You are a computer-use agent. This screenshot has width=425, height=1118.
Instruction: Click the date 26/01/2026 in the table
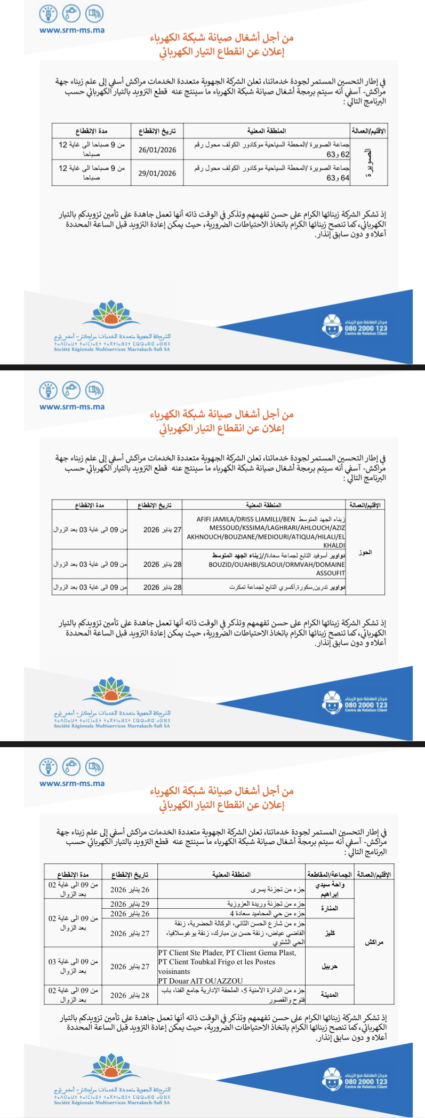[157, 150]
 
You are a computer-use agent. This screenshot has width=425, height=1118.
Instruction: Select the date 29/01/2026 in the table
[157, 173]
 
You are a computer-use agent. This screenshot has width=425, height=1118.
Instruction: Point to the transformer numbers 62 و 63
[338, 154]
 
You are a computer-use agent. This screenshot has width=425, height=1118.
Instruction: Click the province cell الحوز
[365, 552]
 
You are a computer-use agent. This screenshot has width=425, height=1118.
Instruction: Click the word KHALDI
[334, 545]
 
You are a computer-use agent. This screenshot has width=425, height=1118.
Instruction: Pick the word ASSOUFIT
[331, 573]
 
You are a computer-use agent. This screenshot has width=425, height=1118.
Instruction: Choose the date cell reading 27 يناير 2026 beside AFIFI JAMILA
[162, 530]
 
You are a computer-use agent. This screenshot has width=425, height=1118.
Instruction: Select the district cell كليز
[330, 933]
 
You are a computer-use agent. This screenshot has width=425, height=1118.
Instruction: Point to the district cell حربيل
[330, 966]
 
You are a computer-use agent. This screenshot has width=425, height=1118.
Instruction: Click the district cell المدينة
[329, 995]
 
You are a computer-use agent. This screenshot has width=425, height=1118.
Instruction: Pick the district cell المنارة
[329, 908]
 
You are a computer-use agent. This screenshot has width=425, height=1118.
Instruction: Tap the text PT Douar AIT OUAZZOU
[201, 981]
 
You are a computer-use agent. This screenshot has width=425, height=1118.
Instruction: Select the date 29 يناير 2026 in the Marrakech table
[130, 904]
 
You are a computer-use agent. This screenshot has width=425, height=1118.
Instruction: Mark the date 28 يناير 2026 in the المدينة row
[130, 995]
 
